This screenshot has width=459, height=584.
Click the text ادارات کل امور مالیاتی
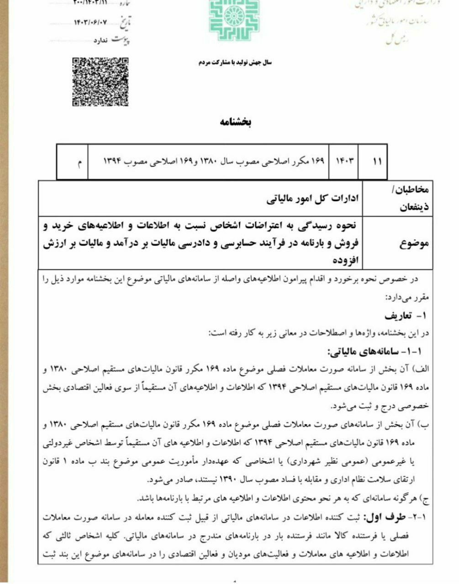(x=313, y=199)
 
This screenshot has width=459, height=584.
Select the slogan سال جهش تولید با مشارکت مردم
(x=234, y=62)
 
